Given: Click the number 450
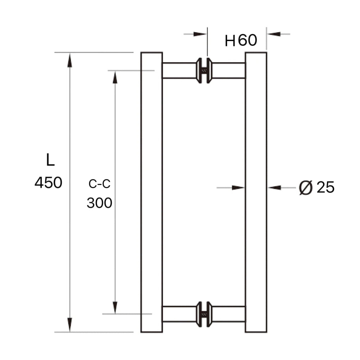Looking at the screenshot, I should coord(49,183).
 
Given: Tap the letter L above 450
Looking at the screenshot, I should coord(50,160).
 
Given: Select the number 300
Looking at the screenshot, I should coord(99,203).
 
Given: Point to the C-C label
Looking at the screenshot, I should coord(99,184).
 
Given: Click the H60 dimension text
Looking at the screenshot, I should coord(241,41).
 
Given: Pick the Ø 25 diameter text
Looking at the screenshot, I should coord(316,188).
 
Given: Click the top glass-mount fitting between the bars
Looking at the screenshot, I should coord(204,70).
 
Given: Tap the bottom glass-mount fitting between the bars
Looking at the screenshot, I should coord(204,314).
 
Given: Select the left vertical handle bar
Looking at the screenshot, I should coord(152,192).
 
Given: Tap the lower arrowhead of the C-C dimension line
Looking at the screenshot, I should coord(115,307).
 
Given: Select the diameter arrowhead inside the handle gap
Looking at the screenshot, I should coord(238,188).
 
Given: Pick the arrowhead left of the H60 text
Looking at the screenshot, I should coord(200,34).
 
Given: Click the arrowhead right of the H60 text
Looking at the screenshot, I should coord(274,34).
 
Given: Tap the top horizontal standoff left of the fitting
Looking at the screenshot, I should coord(179,70).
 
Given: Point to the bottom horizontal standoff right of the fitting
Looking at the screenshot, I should coord(229,314).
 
